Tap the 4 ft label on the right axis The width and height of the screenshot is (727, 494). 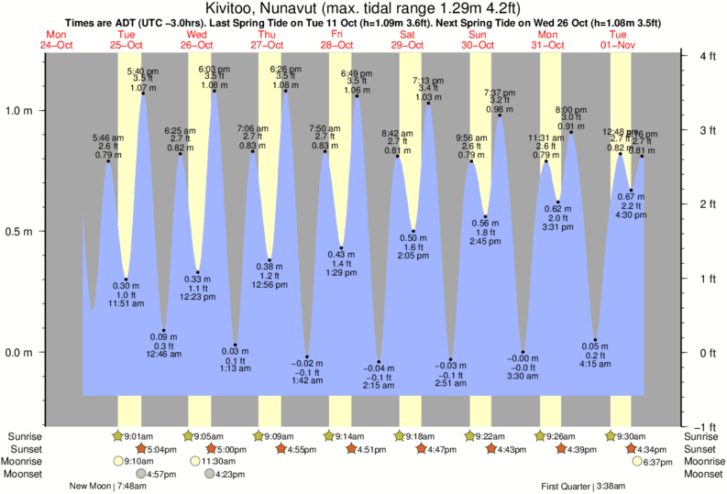(x=707, y=56)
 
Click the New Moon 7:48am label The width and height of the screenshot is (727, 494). (x=108, y=487)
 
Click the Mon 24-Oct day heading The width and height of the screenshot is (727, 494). (x=57, y=39)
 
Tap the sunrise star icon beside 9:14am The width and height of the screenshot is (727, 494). (x=329, y=436)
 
